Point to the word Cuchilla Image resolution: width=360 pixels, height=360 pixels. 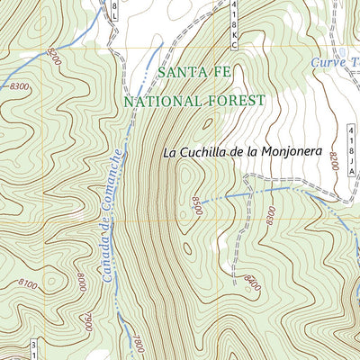coord(208,152)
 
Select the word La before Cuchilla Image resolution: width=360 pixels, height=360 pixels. coord(171,153)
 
